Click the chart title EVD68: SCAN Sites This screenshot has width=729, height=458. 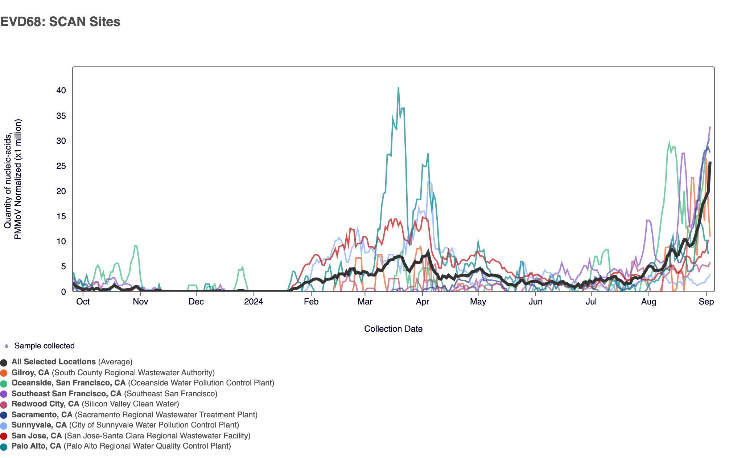60,22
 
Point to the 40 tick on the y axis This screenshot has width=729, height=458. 61,90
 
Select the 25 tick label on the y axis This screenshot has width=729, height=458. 61,166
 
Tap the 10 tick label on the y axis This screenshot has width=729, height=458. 61,241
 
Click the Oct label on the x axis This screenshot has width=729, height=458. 83,302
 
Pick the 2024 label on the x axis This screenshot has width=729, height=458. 254,302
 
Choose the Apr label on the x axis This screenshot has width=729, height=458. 423,302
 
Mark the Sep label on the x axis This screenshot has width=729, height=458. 706,302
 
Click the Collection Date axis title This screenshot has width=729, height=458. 393,329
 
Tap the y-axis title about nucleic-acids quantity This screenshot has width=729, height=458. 13,179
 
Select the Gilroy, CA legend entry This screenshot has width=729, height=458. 30,373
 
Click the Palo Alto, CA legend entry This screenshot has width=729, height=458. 36,446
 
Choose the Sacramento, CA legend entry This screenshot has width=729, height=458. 42,415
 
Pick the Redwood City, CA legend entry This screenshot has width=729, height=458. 45,404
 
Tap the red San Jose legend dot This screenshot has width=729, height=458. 4,436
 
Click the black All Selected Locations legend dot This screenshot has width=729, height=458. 4,362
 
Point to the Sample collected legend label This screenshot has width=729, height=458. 44,346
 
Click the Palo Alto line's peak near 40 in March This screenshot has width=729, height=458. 398,88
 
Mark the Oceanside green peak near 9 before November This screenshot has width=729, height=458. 136,246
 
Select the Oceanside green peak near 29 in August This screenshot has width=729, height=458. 669,143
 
